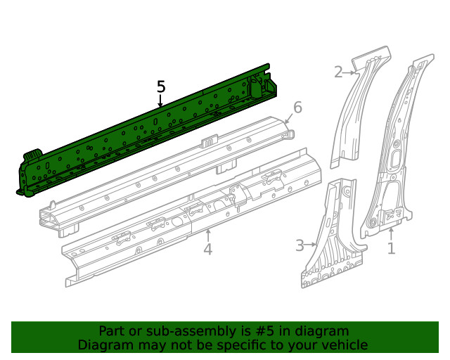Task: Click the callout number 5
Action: click(161, 86)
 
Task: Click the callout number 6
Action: click(297, 108)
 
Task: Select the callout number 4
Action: click(207, 249)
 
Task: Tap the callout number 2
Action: click(338, 71)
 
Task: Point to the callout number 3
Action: click(300, 245)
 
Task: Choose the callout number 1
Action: click(392, 247)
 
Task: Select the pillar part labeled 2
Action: click(359, 112)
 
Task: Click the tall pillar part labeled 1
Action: click(394, 155)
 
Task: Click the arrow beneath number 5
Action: click(161, 101)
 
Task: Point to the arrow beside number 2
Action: click(351, 71)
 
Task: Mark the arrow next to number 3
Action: click(311, 245)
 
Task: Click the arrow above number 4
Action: click(207, 233)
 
